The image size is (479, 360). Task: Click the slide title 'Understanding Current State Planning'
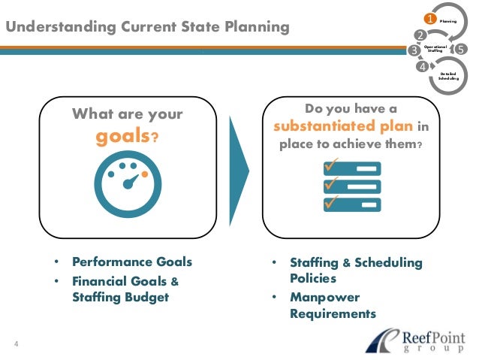pos(146,28)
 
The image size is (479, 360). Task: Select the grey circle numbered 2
pos(419,35)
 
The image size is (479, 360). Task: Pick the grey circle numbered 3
pos(413,50)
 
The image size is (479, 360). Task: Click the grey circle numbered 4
pos(423,66)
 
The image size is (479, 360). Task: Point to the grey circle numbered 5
pos(460,50)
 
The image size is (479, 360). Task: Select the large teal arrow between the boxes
pos(239,168)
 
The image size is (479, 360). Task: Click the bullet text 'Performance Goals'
pos(132,262)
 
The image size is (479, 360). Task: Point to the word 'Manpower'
pos(325,297)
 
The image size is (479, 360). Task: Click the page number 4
pos(16,345)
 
